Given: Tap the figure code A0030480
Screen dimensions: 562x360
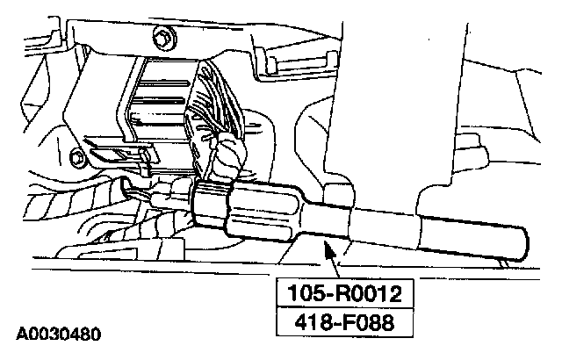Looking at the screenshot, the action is tap(59, 335).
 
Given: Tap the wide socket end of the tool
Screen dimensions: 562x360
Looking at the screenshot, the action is tap(263, 216).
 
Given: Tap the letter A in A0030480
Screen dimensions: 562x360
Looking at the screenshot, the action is tap(19, 335).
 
